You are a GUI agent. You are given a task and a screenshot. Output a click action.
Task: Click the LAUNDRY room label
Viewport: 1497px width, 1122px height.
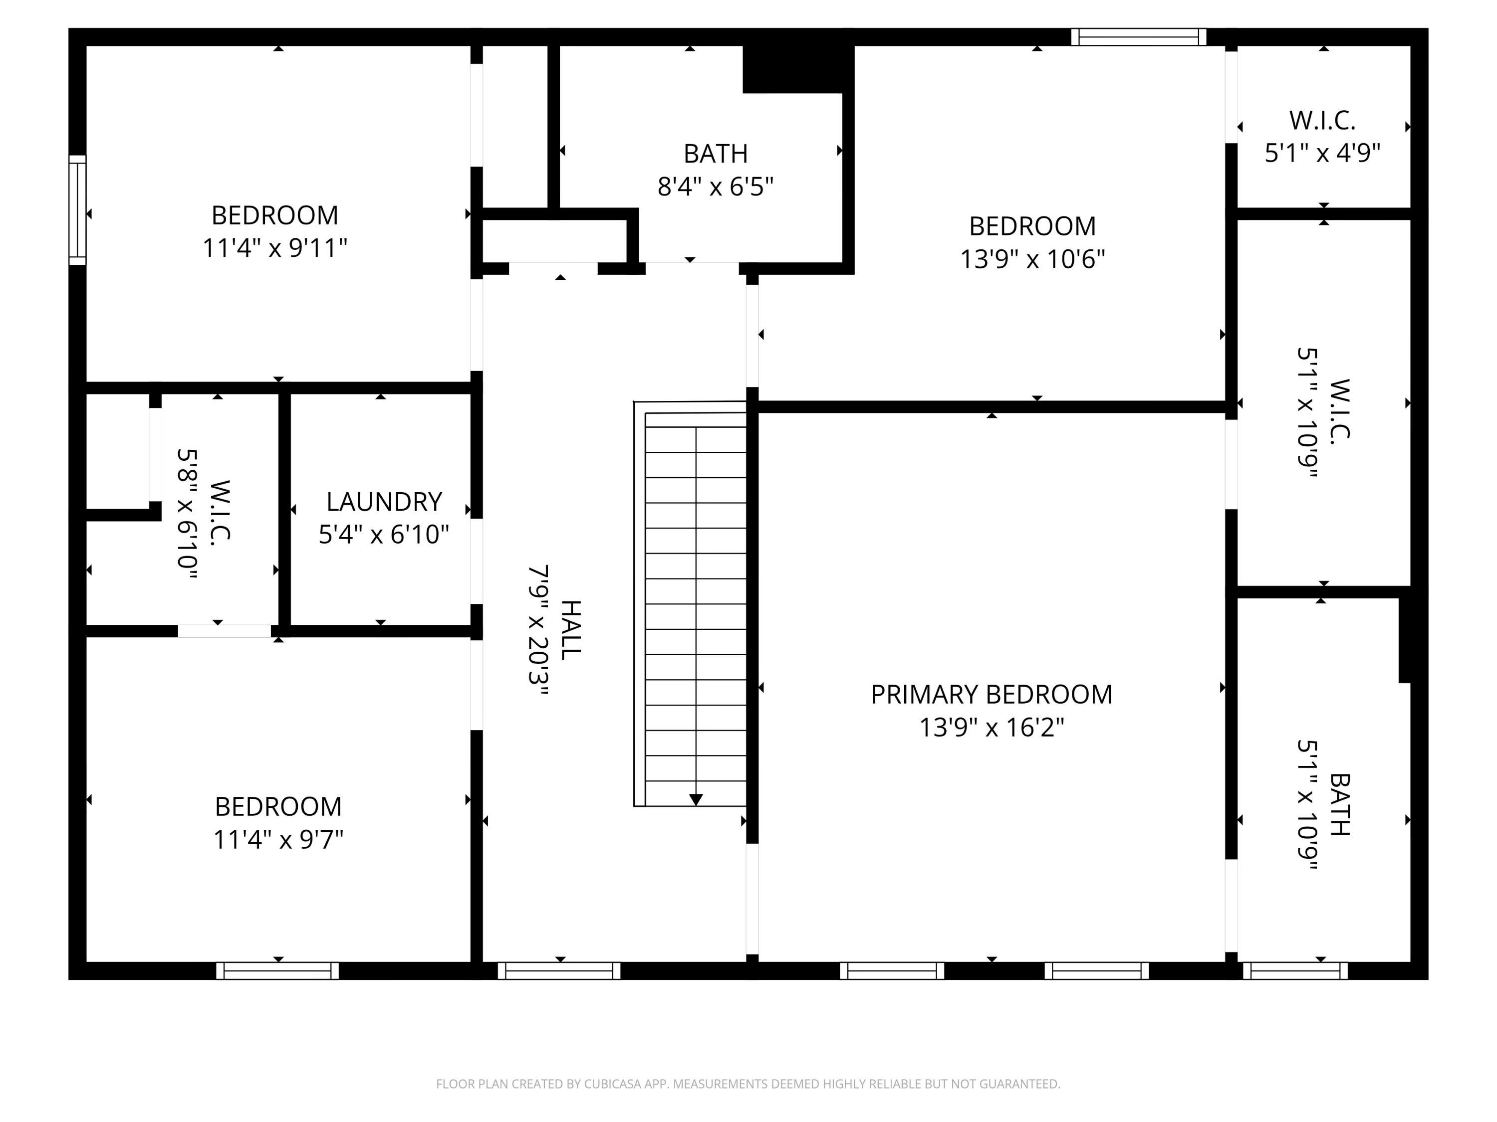(384, 502)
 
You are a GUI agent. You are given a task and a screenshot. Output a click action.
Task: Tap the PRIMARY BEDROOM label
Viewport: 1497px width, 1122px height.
(991, 695)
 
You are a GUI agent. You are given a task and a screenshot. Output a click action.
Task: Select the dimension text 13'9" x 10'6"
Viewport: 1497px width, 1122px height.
(1032, 259)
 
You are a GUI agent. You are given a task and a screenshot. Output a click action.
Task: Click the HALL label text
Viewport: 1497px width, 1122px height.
(570, 630)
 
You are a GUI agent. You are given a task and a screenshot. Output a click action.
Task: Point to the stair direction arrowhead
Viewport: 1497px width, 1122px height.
(696, 799)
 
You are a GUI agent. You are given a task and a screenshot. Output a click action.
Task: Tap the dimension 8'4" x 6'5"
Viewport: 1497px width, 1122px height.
(716, 186)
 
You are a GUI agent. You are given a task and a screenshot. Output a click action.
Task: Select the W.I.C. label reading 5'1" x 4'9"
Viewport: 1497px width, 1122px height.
(1322, 120)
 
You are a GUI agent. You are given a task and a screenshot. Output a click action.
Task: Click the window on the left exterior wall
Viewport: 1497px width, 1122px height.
(78, 209)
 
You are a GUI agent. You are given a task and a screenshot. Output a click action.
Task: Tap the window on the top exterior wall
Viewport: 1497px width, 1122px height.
(1138, 37)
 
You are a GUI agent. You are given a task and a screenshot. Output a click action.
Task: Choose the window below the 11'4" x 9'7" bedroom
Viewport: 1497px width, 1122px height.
(277, 970)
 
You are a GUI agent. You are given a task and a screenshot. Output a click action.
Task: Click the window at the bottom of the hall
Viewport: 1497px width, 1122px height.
(559, 970)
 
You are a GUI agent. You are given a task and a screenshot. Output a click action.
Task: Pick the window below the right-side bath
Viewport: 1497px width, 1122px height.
(1294, 970)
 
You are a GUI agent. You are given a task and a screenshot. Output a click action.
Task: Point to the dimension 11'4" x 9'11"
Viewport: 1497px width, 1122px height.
(275, 248)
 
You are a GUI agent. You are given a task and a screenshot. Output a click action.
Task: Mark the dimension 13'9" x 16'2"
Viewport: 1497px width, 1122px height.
(991, 728)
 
